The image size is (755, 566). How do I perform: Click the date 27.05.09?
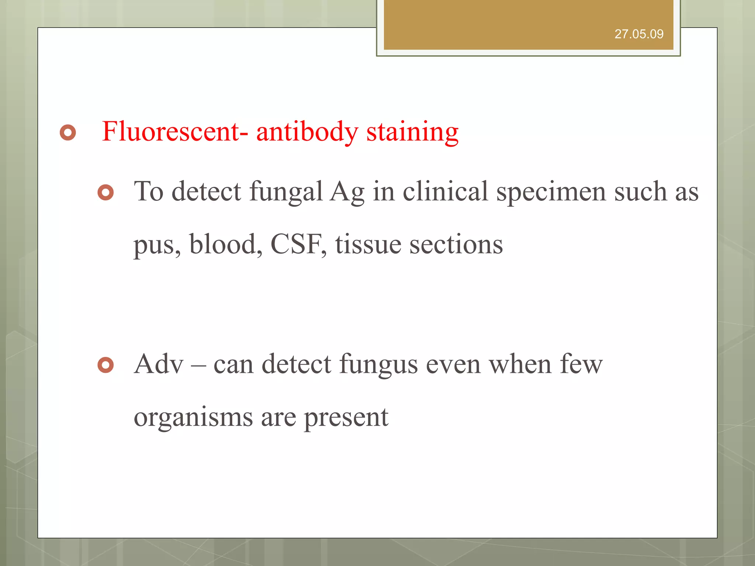(639, 34)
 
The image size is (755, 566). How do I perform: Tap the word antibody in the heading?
(307, 132)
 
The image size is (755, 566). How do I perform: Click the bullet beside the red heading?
(68, 133)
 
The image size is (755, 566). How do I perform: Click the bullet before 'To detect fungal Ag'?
(106, 192)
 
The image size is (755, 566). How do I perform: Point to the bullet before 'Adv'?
(106, 365)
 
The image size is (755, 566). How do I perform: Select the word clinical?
(445, 192)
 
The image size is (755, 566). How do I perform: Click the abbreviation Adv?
(159, 364)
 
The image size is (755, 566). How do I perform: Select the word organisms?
(193, 418)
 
